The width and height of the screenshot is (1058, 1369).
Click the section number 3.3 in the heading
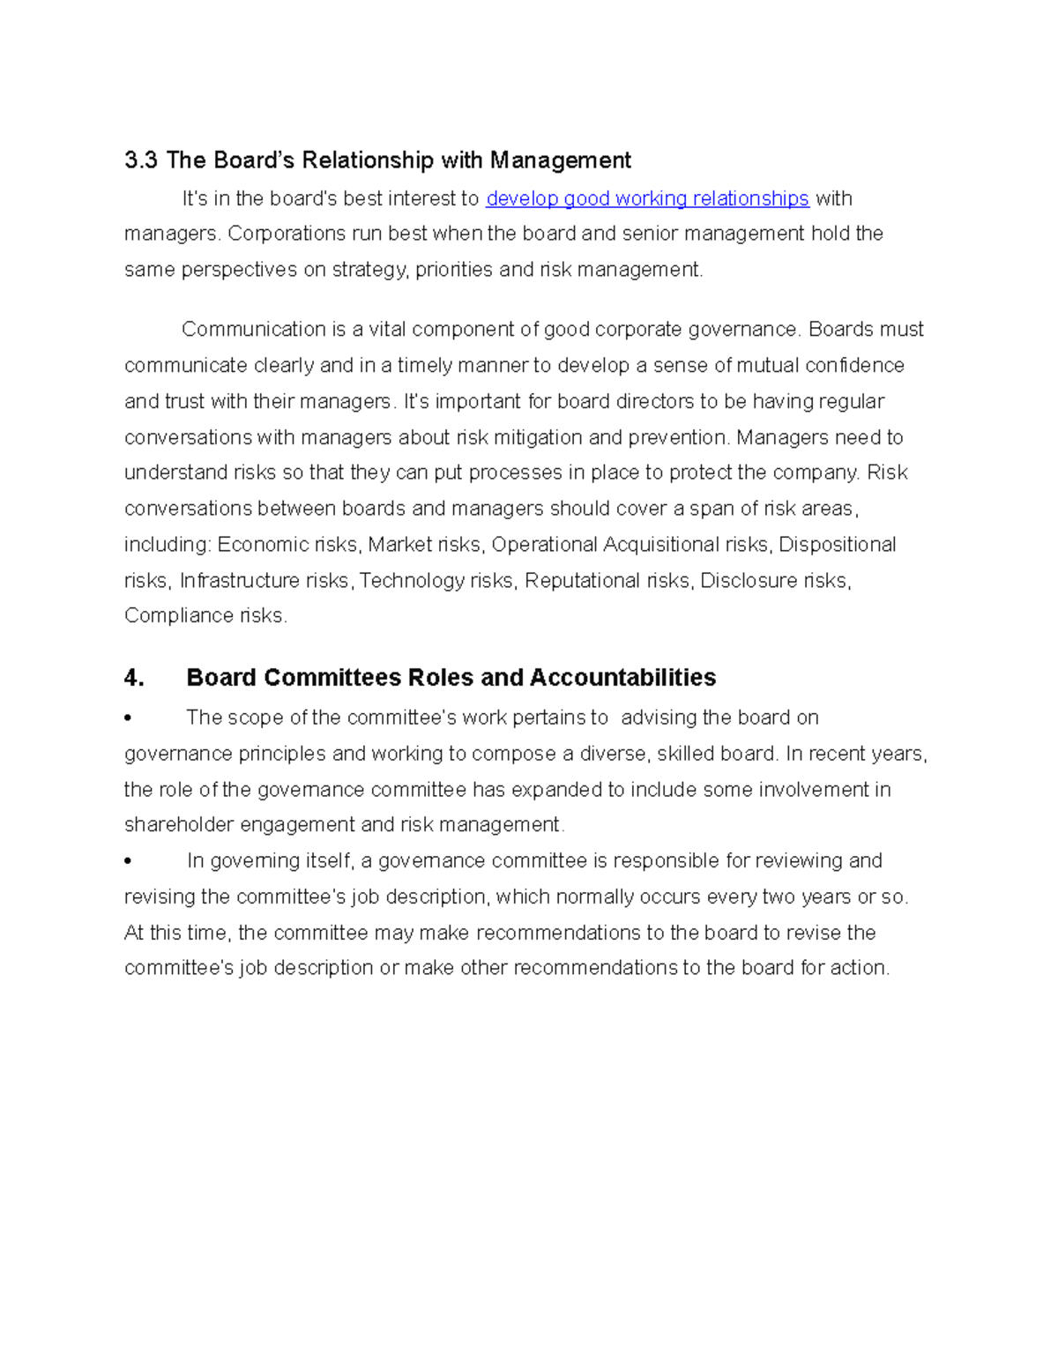[141, 160]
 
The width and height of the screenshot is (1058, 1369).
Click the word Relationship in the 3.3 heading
[367, 160]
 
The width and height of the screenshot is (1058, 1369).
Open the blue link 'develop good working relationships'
[647, 199]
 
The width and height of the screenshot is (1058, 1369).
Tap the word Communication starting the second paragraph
[254, 330]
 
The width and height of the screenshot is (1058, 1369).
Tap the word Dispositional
[837, 545]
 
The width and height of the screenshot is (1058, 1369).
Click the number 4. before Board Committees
[134, 678]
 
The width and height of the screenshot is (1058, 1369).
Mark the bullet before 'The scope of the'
[129, 718]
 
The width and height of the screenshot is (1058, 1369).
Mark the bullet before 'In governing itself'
[129, 861]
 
